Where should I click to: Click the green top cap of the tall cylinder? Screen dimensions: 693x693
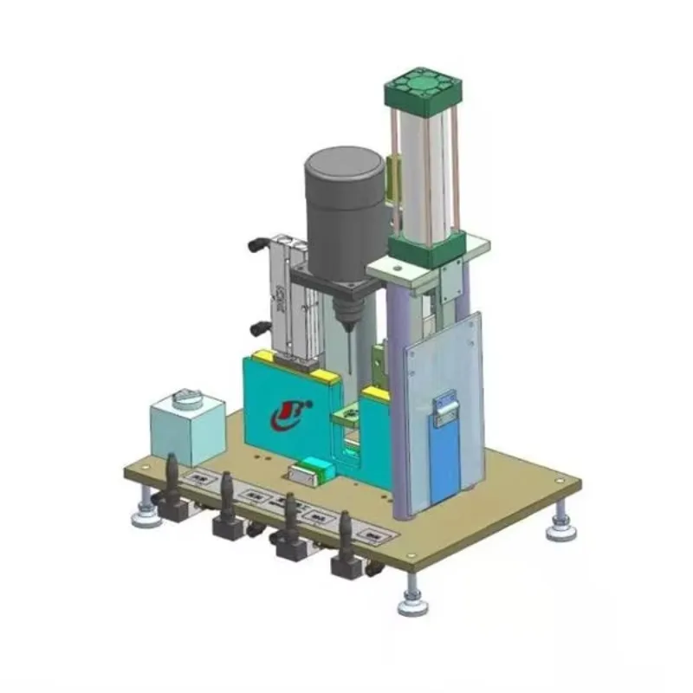(x=423, y=90)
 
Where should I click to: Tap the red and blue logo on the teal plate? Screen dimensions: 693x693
(x=288, y=413)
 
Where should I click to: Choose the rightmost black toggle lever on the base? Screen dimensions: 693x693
(x=346, y=543)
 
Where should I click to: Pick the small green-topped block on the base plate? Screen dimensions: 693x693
(x=312, y=470)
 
